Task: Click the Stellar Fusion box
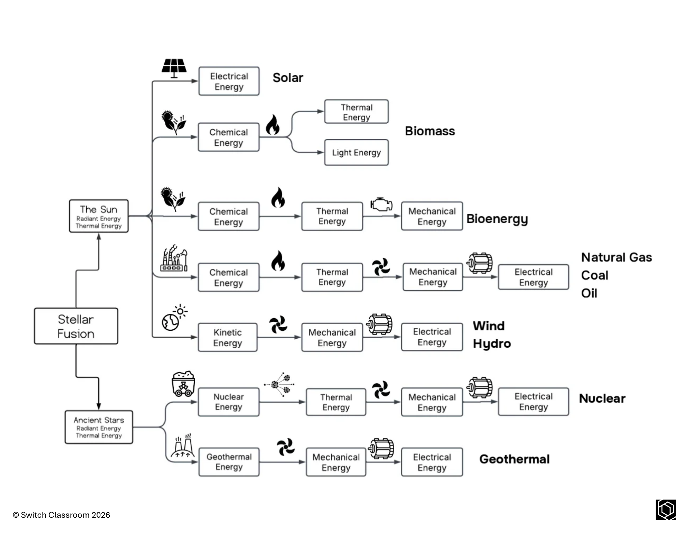76,326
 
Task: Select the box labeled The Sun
99,216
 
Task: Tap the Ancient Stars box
99,427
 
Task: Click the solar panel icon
174,68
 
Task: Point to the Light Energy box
356,152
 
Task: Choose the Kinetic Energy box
227,337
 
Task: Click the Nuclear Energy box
228,402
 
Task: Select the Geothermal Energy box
229,462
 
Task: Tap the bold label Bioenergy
497,219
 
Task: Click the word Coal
594,275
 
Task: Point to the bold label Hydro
492,344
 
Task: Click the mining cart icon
183,384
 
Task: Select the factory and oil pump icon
174,258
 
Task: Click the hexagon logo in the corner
666,509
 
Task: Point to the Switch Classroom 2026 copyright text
61,515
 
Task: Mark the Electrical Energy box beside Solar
229,81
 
